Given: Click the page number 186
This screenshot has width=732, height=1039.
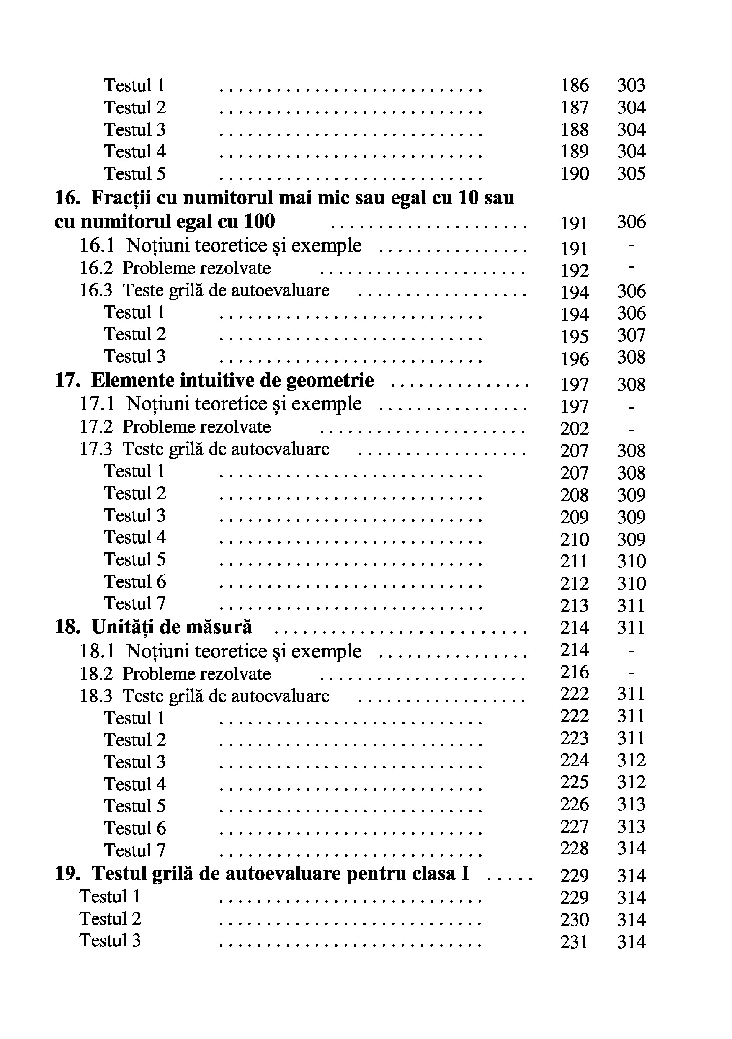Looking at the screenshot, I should (575, 85).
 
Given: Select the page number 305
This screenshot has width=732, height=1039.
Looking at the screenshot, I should (631, 174).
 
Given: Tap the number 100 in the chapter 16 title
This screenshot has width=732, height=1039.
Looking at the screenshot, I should (259, 222).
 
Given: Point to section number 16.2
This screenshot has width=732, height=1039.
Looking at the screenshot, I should (96, 268).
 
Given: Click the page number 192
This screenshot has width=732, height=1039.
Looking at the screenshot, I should (575, 271).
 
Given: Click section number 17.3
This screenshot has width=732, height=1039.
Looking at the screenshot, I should (96, 449).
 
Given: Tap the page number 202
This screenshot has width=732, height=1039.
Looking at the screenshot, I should (575, 428).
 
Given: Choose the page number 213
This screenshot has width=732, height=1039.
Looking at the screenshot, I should (575, 606).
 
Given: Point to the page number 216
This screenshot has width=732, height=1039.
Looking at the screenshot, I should (575, 672).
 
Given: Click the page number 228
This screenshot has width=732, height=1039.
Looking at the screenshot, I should (575, 848).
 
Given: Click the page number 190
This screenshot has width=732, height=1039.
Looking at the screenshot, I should (575, 174).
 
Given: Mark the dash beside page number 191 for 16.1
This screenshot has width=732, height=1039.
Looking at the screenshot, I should (631, 246).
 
